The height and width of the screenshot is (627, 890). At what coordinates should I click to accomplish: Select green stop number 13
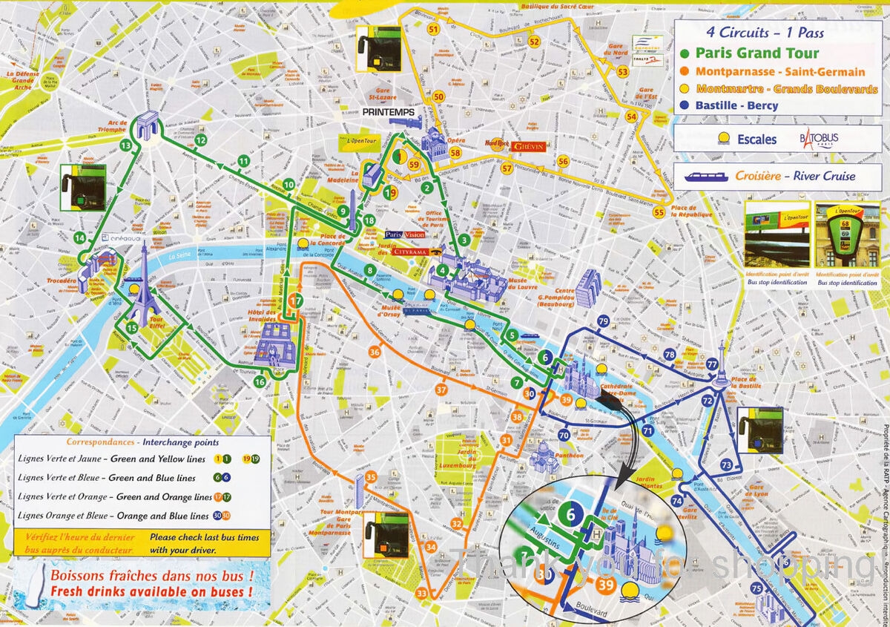(x=125, y=145)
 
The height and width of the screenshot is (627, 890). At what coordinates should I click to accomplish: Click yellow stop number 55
(x=659, y=212)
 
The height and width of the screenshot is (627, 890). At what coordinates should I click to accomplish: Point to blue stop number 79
(x=603, y=321)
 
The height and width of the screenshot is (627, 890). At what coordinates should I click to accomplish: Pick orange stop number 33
(x=422, y=593)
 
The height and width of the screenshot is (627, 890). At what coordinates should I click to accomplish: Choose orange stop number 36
(x=375, y=352)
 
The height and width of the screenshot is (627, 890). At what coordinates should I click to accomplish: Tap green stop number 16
(x=260, y=382)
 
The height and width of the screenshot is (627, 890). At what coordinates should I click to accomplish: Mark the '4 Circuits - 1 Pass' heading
(x=765, y=33)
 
